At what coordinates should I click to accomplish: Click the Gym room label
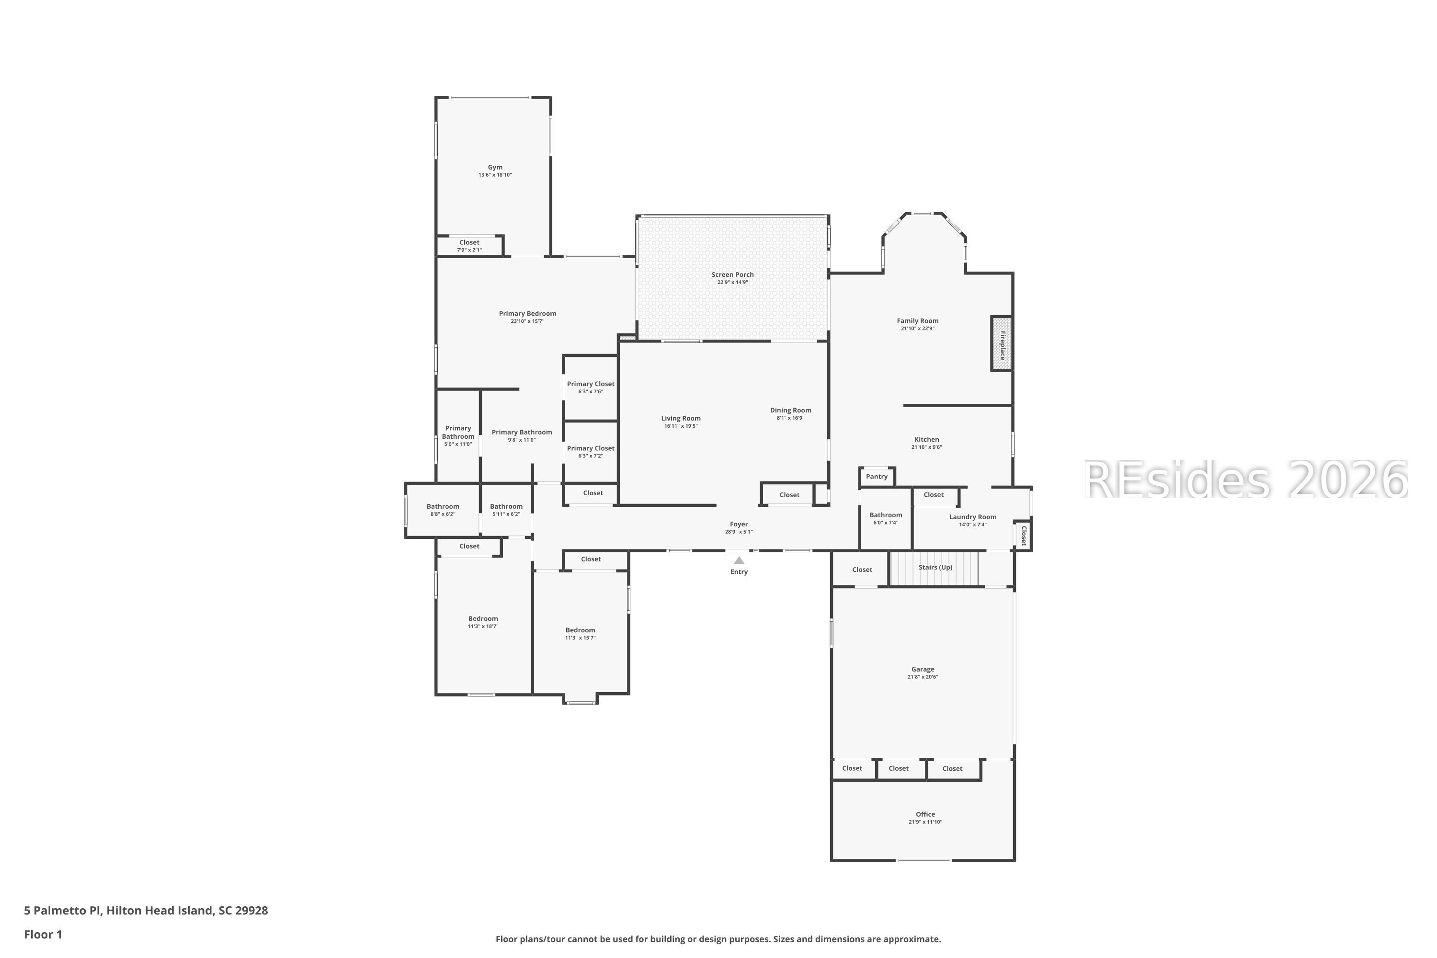pyautogui.click(x=495, y=167)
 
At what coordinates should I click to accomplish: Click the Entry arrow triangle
pyautogui.click(x=739, y=560)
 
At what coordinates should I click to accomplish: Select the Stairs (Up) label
pyautogui.click(x=935, y=567)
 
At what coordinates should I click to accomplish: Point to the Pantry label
pyautogui.click(x=876, y=477)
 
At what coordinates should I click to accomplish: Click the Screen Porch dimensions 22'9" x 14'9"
pyautogui.click(x=732, y=282)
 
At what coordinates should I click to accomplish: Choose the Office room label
pyautogui.click(x=925, y=814)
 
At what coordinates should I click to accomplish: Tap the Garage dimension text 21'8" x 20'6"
pyautogui.click(x=923, y=677)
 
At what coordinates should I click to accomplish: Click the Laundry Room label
pyautogui.click(x=972, y=517)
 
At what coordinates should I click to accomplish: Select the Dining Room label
pyautogui.click(x=790, y=410)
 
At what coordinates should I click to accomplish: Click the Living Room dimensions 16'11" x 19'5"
pyautogui.click(x=681, y=426)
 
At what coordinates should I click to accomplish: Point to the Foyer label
pyautogui.click(x=739, y=524)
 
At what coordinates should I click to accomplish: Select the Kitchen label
pyautogui.click(x=926, y=439)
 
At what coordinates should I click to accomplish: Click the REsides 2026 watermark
pyautogui.click(x=1245, y=480)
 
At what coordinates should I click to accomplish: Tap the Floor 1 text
pyautogui.click(x=43, y=934)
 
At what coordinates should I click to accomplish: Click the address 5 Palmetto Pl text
pyautogui.click(x=146, y=911)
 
